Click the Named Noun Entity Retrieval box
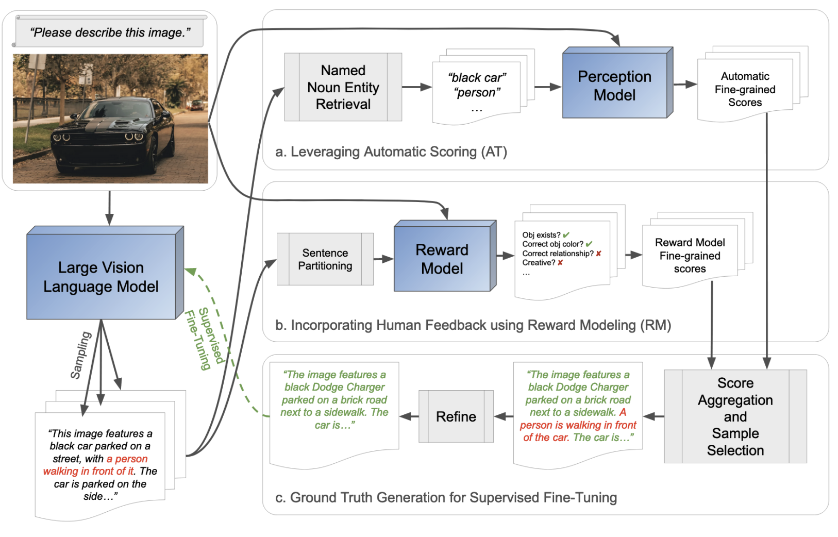pos(343,87)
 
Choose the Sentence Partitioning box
pos(325,259)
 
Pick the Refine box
pos(456,416)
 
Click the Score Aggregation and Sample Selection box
pos(735,416)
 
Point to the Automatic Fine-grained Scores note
pos(745,89)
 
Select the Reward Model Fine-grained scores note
pos(690,256)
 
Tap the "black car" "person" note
pos(477,91)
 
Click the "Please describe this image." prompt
pos(110,32)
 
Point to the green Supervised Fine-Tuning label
pos(205,338)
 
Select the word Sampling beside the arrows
pos(80,356)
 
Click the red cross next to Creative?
pos(560,263)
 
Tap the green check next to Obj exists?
pos(566,235)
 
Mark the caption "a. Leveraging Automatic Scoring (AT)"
pos(391,152)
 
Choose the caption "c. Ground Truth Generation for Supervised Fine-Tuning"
pos(446,498)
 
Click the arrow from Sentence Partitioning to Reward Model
pos(383,259)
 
